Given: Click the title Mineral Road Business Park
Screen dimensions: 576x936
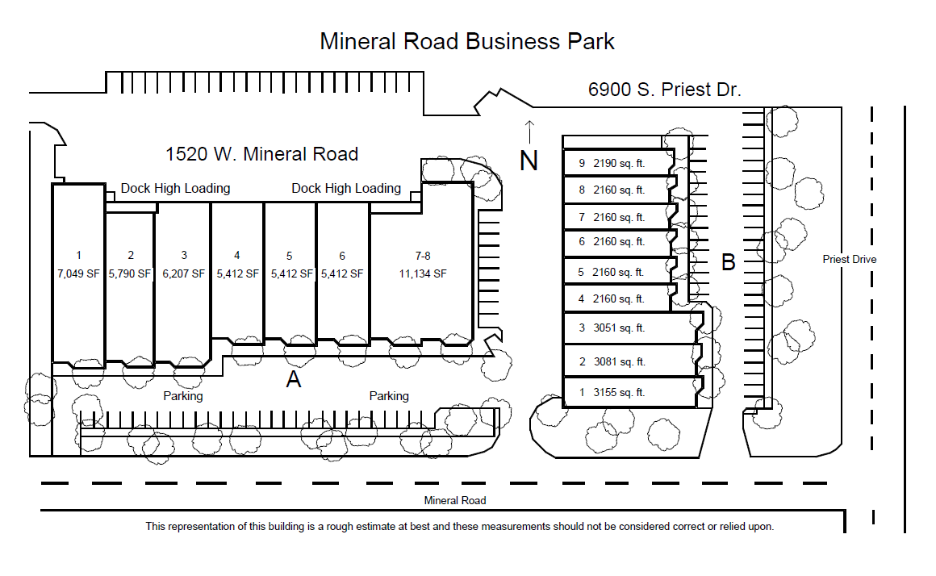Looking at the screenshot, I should [x=467, y=41].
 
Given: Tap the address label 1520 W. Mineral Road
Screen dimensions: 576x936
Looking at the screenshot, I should [x=262, y=153].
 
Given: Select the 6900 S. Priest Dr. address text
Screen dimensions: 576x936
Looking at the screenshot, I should [x=664, y=90].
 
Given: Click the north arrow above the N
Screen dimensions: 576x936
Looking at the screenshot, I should [x=529, y=131].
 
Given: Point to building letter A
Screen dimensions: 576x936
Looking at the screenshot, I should [x=294, y=379].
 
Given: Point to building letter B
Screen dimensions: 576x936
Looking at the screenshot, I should [x=729, y=262].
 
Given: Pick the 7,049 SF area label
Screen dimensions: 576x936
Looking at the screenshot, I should [x=78, y=273].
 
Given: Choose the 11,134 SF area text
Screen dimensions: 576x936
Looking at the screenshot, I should [x=423, y=273].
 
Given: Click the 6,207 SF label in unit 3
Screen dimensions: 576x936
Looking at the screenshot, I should [x=183, y=273].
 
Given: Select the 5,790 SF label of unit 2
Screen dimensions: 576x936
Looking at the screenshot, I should [x=130, y=273].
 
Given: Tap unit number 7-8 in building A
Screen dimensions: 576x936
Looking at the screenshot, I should [x=423, y=256].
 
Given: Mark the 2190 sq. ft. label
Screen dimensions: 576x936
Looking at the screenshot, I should [x=619, y=163].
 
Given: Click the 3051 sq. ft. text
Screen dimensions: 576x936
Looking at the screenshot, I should [x=619, y=328].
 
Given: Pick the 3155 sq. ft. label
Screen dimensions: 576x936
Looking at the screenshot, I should [x=619, y=393].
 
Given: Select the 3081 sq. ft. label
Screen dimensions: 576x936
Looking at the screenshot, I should [x=619, y=361].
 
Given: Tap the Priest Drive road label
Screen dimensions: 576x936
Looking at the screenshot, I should [x=850, y=259].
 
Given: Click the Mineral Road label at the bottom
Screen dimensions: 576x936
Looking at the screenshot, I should [x=455, y=500].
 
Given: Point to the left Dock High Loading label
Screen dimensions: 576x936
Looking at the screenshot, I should [x=175, y=188].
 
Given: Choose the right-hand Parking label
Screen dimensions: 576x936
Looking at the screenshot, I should [x=389, y=396].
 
